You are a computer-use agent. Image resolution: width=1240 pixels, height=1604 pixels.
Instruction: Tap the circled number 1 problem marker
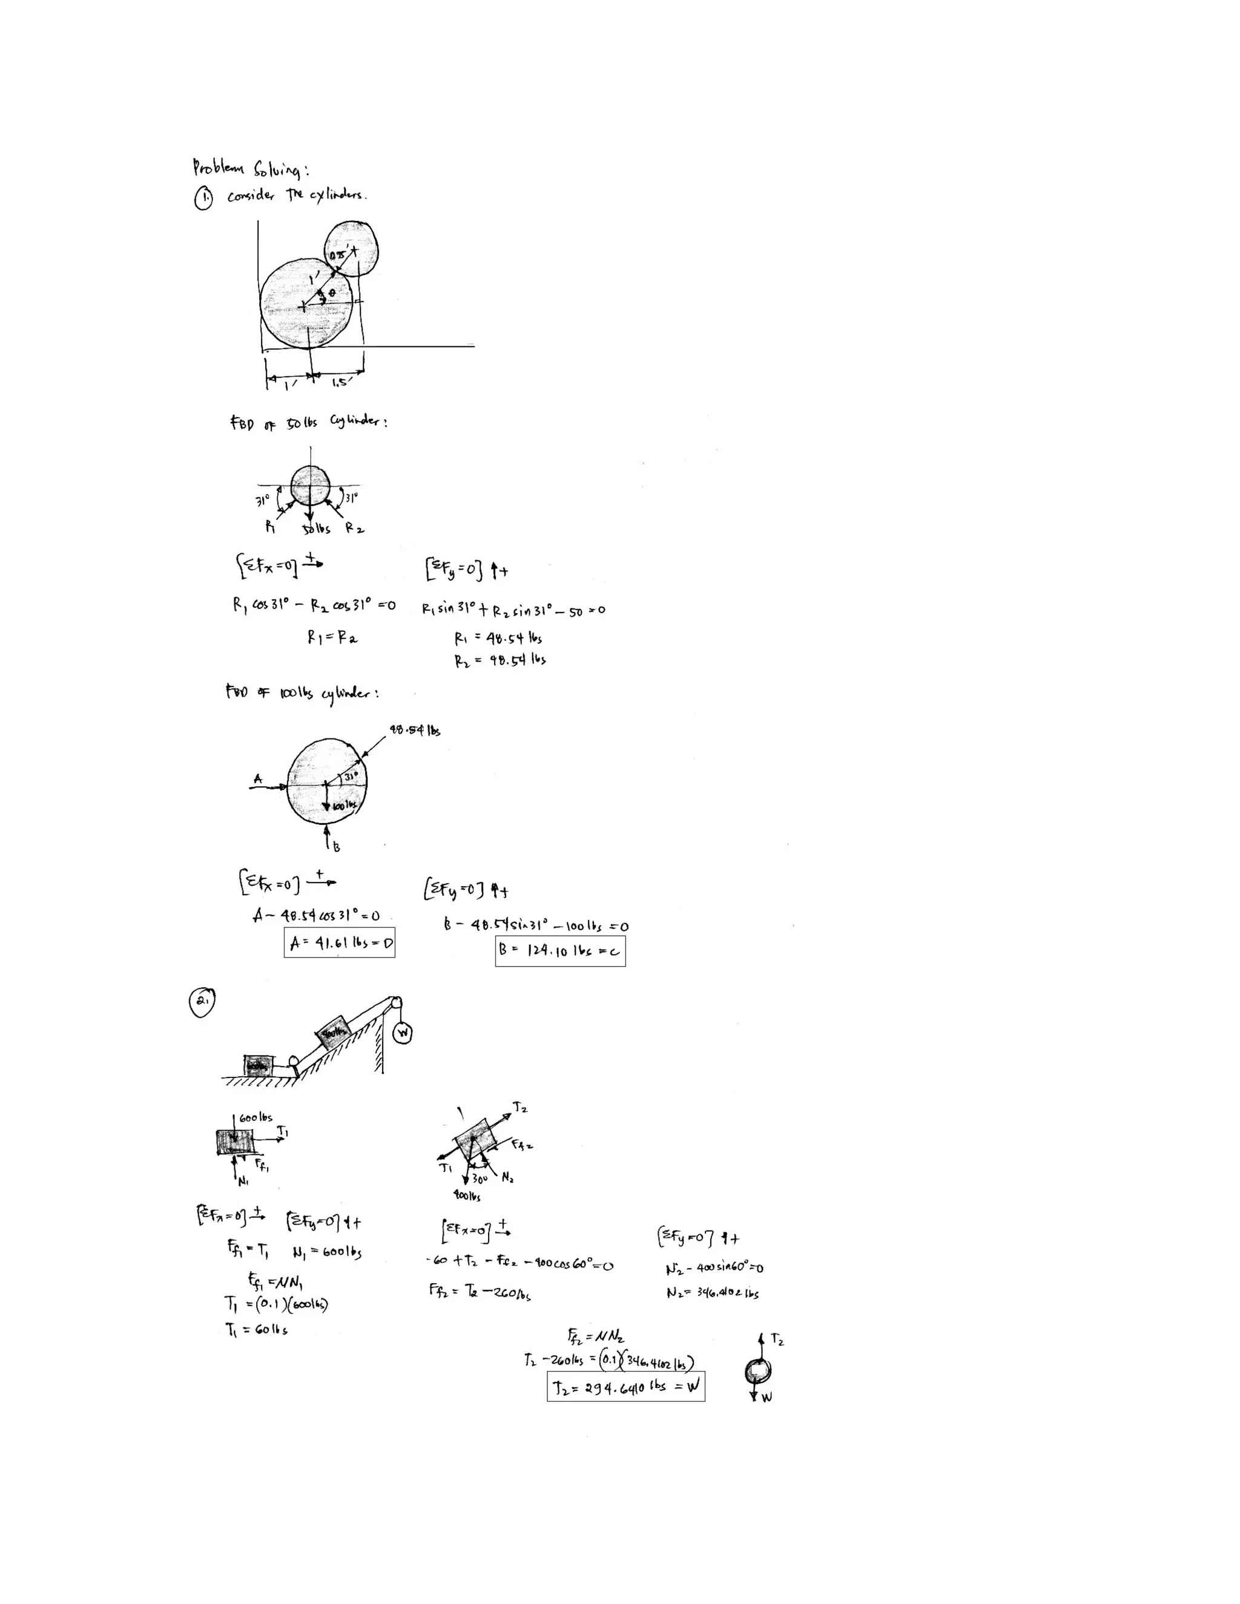(203, 199)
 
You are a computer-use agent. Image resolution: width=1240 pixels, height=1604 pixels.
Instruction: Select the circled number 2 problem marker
(202, 1003)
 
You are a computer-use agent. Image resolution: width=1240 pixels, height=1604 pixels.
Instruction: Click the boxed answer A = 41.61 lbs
(340, 943)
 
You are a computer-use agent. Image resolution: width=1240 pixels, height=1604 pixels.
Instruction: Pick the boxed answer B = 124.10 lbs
(560, 950)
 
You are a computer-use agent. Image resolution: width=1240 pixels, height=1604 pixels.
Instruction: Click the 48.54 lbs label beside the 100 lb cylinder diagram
(414, 731)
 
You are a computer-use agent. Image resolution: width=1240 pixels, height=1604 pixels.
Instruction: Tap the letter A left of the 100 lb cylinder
(257, 778)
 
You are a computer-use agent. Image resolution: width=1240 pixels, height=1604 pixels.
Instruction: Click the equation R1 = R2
(332, 638)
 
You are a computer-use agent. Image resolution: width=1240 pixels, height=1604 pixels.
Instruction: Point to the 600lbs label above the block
(256, 1118)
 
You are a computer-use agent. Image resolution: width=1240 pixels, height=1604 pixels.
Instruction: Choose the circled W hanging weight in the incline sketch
(402, 1033)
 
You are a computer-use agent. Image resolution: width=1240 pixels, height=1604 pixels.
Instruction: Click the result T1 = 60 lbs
(256, 1330)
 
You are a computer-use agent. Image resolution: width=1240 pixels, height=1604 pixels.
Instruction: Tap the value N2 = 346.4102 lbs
(712, 1293)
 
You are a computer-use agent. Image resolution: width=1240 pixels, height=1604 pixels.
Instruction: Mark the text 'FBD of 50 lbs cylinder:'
(309, 422)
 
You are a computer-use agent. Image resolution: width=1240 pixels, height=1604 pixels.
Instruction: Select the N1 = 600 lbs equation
(326, 1252)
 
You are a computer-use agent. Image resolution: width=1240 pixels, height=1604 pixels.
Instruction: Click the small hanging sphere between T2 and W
(757, 1370)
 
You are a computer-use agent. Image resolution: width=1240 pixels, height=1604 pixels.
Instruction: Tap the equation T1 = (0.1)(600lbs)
(276, 1304)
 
